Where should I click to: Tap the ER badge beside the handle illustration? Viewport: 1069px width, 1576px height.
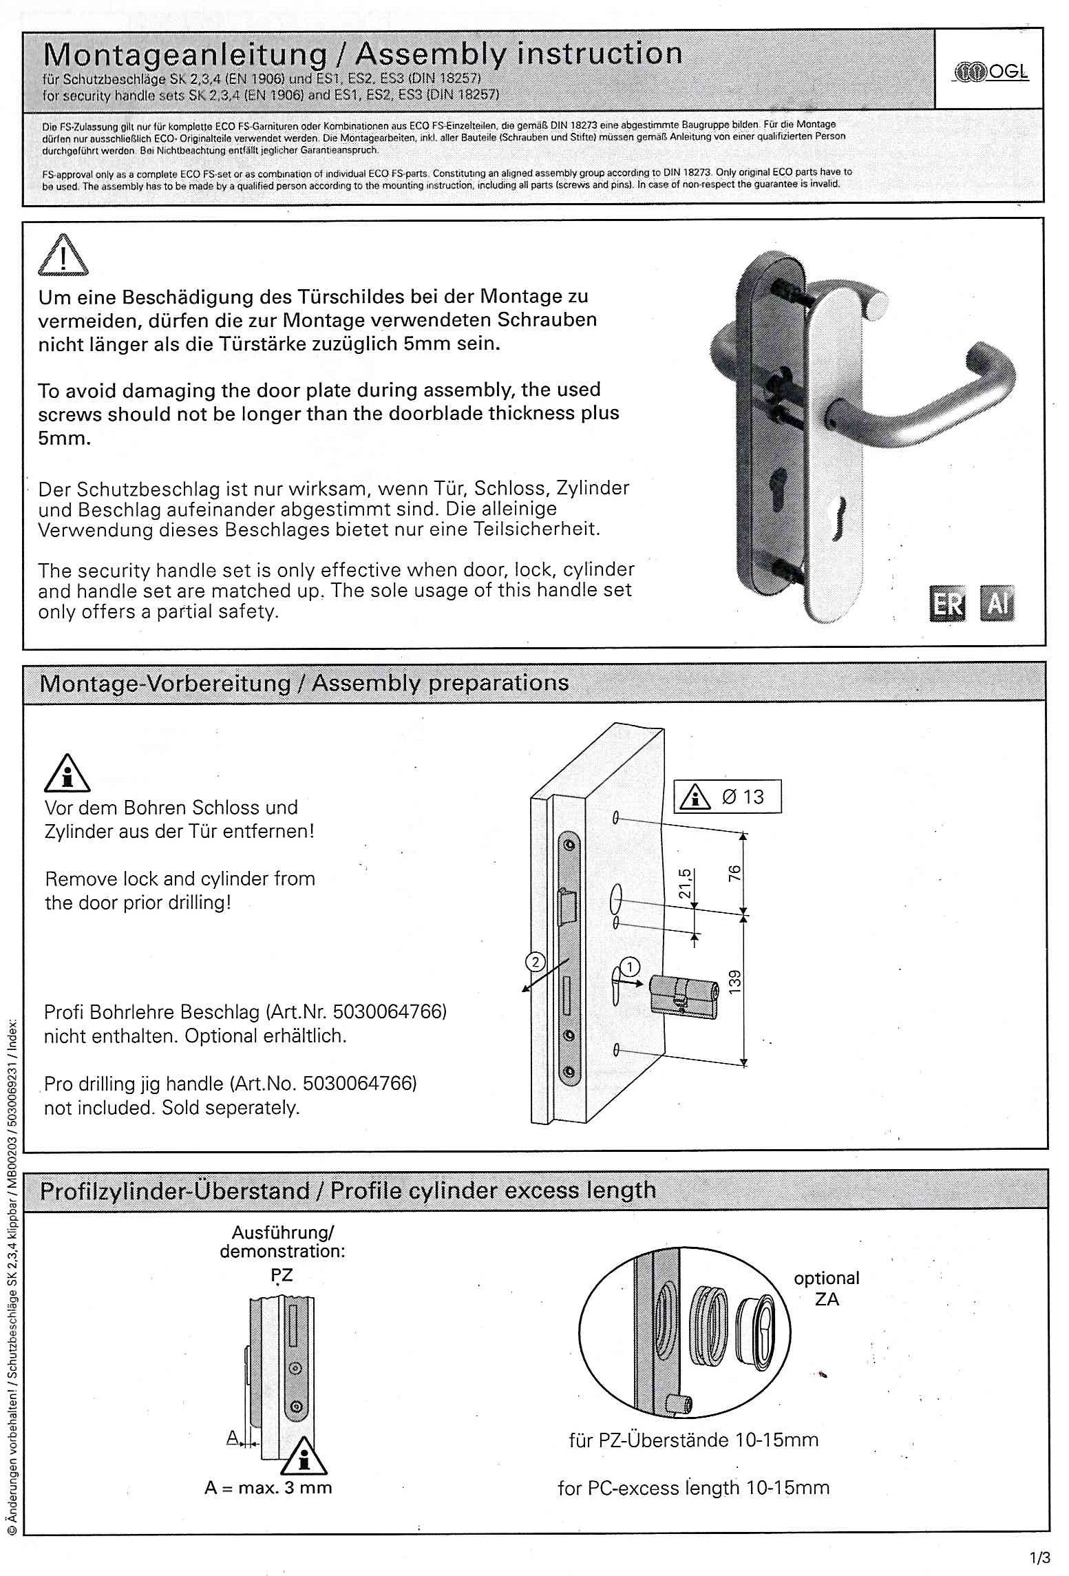(x=947, y=605)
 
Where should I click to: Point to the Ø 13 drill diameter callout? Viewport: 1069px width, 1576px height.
(x=728, y=797)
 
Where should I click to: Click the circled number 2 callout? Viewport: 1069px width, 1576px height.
(x=536, y=961)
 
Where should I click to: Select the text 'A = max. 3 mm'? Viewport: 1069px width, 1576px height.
(x=268, y=1488)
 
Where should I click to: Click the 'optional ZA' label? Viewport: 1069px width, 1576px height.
(x=826, y=1288)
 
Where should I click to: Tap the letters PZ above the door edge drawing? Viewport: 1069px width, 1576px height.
(x=282, y=1274)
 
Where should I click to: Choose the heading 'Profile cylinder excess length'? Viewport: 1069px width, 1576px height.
(x=493, y=1190)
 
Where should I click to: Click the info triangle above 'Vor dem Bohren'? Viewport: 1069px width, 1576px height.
(x=67, y=772)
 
